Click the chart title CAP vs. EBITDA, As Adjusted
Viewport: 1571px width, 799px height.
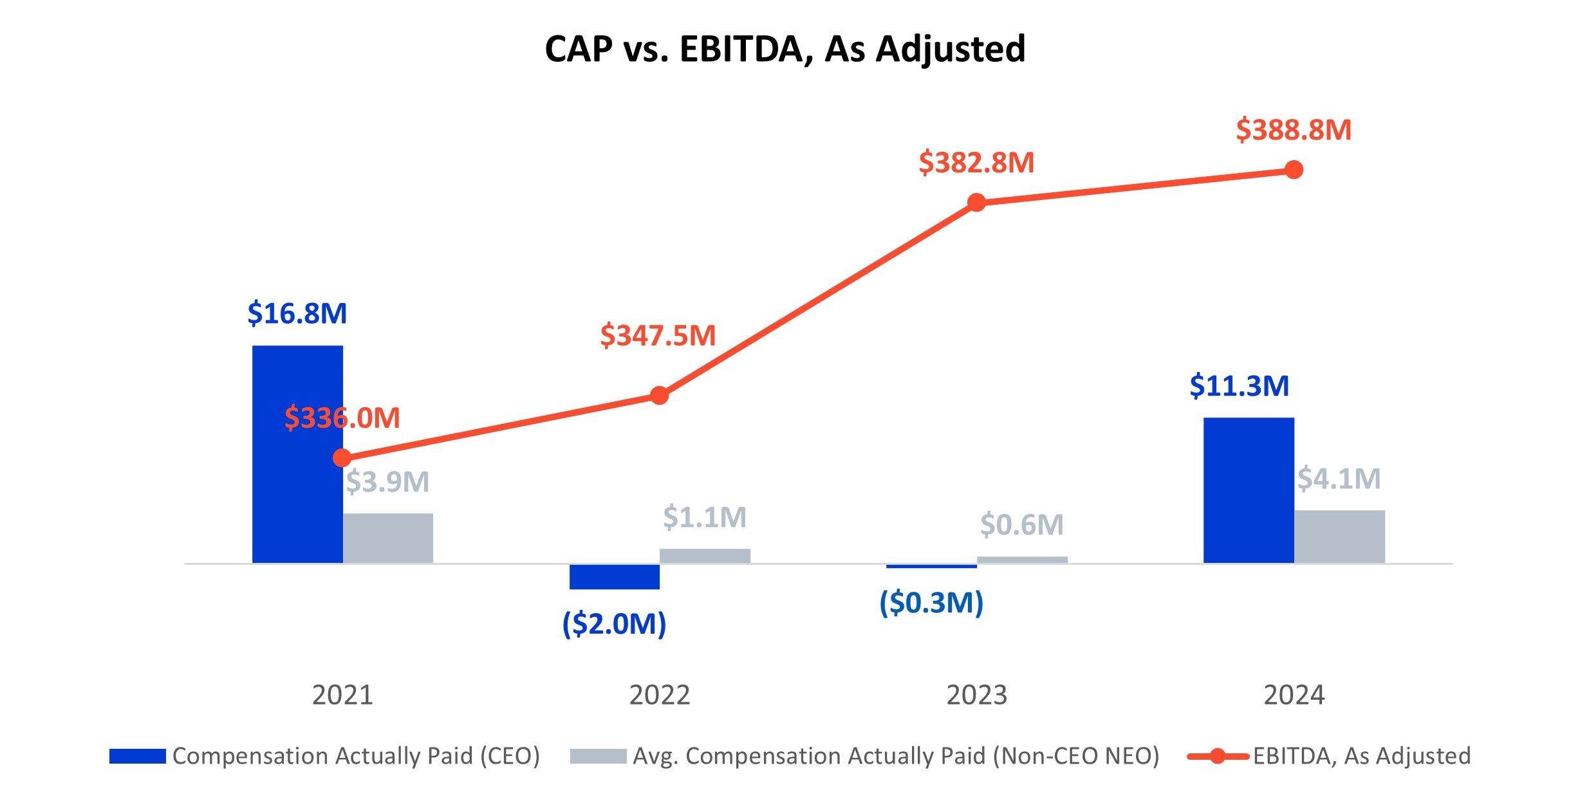pos(785,49)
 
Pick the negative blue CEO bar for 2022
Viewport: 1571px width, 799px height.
pos(614,576)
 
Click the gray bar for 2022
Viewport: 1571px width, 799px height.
pos(705,556)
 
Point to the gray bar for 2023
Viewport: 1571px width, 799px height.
pos(1022,560)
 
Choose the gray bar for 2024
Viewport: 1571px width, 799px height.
pos(1339,537)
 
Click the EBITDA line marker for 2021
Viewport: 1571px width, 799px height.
pos(342,458)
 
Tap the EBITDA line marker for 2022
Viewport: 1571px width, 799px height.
pos(659,395)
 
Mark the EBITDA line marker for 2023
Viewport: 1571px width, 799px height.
pos(976,203)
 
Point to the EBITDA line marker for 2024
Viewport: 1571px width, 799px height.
pos(1294,170)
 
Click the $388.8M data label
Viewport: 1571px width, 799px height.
pos(1294,130)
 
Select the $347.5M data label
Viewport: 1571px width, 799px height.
pos(658,336)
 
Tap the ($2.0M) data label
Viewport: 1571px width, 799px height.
pos(614,624)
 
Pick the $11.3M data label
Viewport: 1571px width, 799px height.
pos(1239,386)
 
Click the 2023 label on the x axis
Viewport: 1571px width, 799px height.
pos(976,695)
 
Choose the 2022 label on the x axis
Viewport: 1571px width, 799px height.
pos(659,695)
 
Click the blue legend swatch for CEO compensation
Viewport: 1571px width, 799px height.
pos(137,756)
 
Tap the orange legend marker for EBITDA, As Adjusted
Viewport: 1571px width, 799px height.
pos(1217,756)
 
